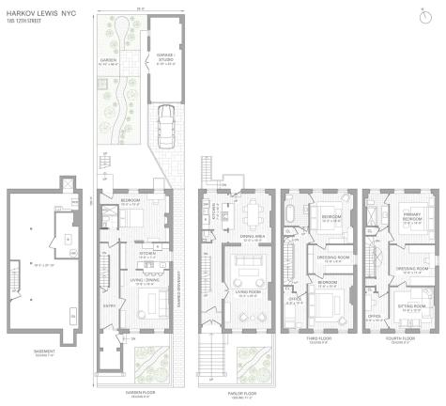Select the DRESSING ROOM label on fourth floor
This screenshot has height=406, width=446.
[410, 268]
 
